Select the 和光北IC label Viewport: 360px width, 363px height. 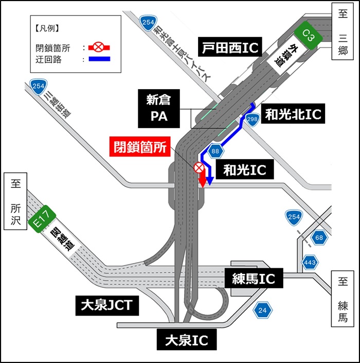point(293,114)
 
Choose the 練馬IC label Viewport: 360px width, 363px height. point(253,279)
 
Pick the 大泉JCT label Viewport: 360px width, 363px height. point(106,305)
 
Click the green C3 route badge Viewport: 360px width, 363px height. point(308,36)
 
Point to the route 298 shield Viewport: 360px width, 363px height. point(252,119)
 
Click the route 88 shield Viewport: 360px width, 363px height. point(215,151)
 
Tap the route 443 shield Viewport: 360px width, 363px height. point(310,263)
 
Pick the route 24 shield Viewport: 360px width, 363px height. point(263,310)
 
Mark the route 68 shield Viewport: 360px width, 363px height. point(319,237)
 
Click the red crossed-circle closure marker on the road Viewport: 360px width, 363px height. point(199,167)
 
